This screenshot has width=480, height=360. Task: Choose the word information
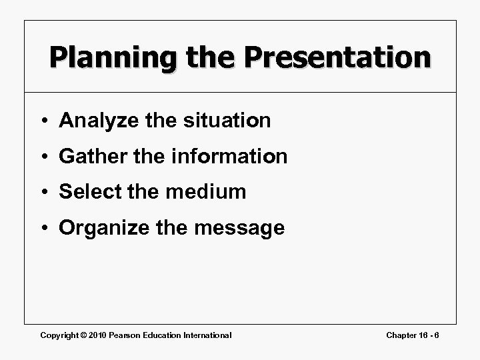click(231, 157)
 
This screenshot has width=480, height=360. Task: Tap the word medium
click(207, 193)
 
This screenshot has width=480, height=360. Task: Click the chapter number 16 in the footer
click(425, 335)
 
